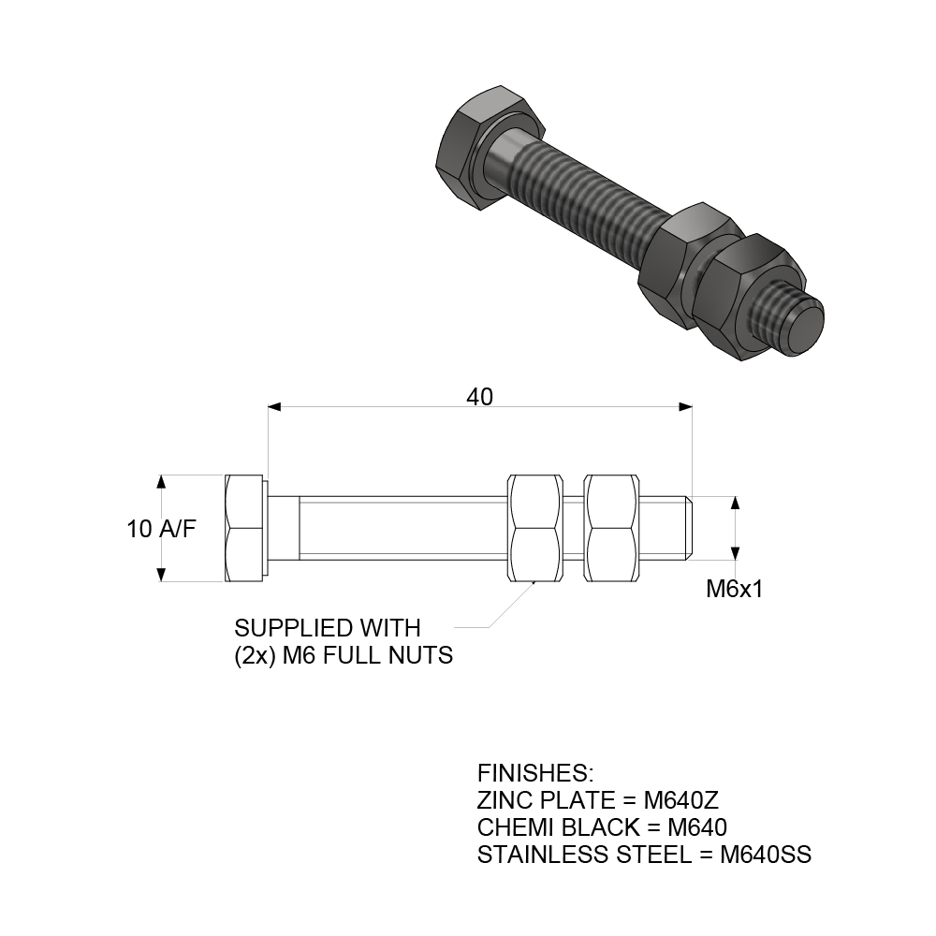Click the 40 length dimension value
(479, 397)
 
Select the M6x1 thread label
(735, 589)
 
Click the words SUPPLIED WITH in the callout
(328, 627)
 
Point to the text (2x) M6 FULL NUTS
(344, 655)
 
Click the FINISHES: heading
(535, 773)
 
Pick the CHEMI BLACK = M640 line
(602, 827)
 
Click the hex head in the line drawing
(245, 529)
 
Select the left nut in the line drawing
(534, 529)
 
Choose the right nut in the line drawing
(611, 529)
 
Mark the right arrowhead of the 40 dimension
(685, 406)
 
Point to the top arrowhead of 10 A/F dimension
(162, 482)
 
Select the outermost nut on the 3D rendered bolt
(749, 295)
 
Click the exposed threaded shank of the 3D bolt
(585, 197)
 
